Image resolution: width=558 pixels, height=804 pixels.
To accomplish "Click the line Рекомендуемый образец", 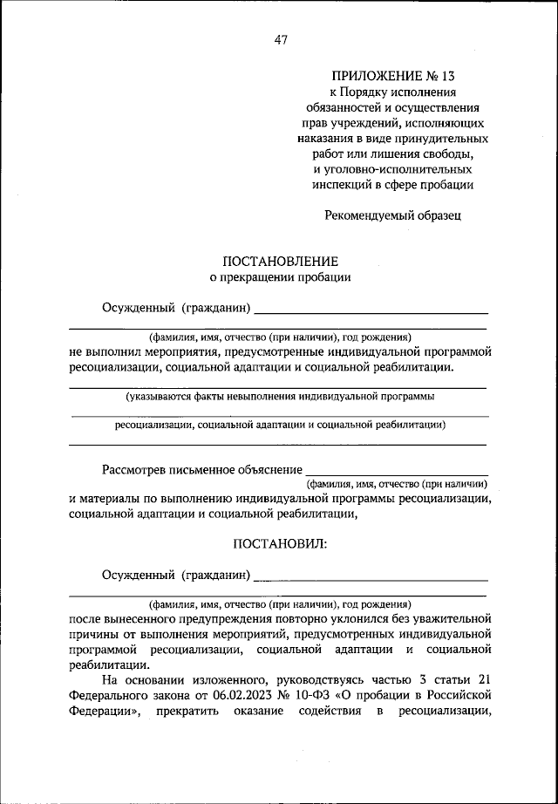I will tap(392, 214).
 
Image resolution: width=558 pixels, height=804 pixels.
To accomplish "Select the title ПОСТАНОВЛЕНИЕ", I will tap(279, 261).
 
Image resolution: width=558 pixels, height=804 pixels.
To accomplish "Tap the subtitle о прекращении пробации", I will tap(279, 277).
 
